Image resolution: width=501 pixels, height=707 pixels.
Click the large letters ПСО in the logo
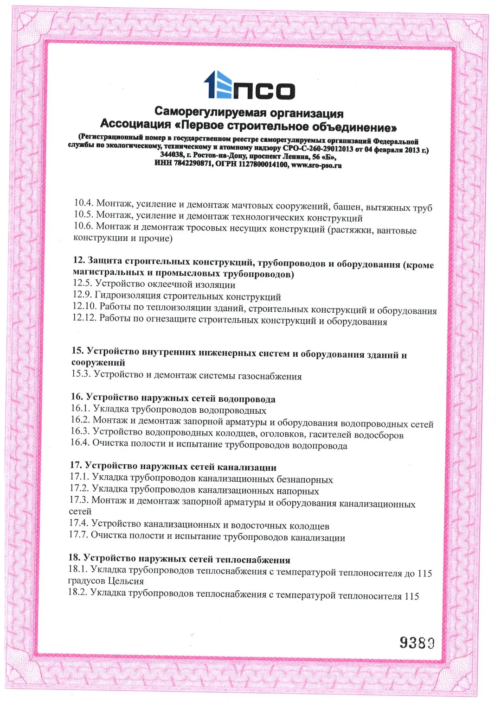point(264,90)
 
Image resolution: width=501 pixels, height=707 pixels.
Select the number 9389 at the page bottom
point(417,643)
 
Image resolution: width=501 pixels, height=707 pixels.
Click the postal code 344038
point(172,154)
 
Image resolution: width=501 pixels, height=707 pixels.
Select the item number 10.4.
point(83,203)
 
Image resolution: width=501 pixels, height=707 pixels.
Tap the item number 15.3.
point(81,373)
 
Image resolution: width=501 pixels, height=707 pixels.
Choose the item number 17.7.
point(78,535)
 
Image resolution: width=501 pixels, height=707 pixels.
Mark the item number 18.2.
point(77,592)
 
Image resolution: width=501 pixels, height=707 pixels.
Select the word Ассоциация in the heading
point(135,124)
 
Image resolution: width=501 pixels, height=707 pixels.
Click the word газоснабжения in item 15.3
point(270,376)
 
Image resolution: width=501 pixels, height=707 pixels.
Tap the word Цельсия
point(126,581)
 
